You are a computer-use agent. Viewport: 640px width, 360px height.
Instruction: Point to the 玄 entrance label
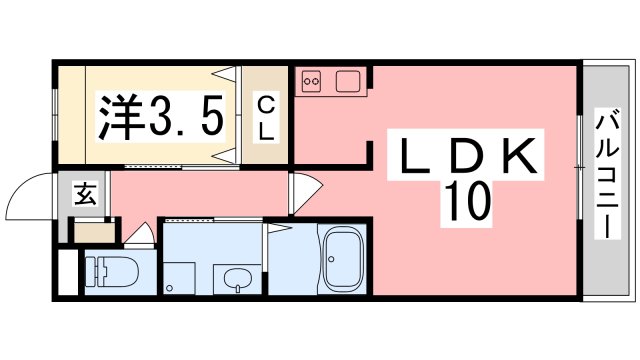[x=85, y=194]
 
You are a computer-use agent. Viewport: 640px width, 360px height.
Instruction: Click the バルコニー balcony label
[x=607, y=174]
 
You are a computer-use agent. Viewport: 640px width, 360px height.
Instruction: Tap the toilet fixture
[x=112, y=272]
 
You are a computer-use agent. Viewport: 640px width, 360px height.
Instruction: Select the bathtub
[x=343, y=259]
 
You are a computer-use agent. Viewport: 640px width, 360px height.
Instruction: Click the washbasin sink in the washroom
[x=238, y=281]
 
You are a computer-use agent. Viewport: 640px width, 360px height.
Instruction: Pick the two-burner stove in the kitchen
[x=311, y=81]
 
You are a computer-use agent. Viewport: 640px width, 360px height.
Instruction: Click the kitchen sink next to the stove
[x=348, y=81]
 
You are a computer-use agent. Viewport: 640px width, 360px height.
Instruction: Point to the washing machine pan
[x=179, y=278]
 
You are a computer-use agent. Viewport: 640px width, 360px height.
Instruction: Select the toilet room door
[x=140, y=236]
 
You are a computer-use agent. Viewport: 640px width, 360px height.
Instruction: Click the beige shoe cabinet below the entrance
[x=94, y=233]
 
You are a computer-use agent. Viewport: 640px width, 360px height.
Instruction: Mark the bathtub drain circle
[x=331, y=259]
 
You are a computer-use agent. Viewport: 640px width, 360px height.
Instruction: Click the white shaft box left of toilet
[x=68, y=272]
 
